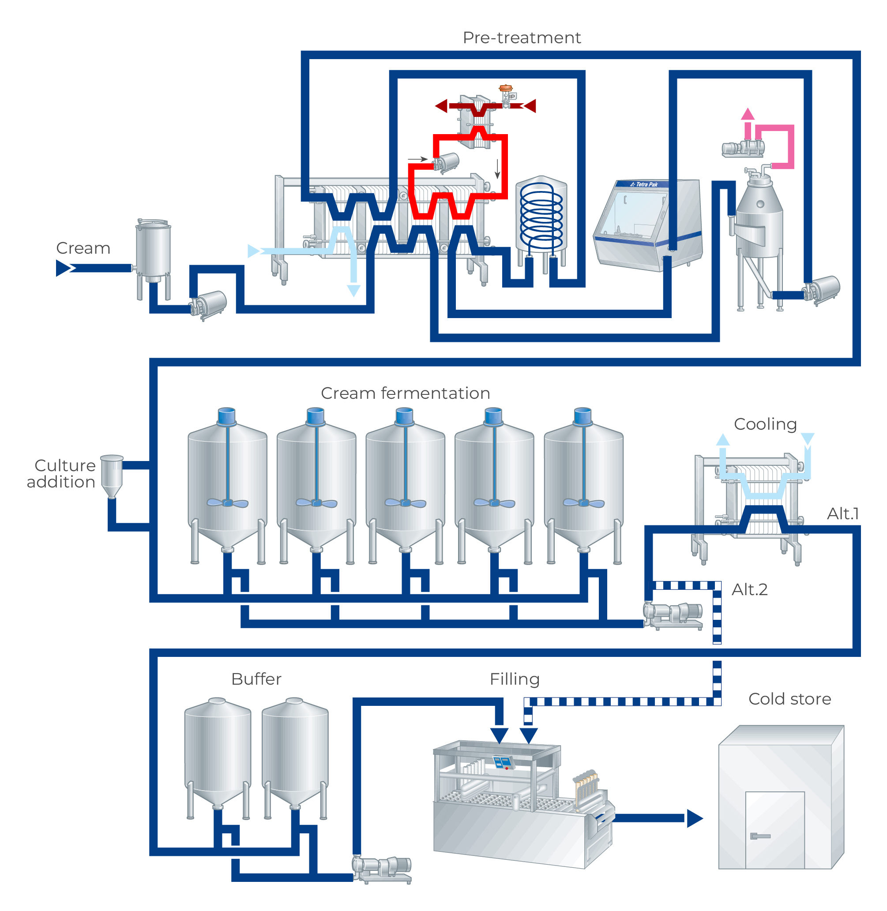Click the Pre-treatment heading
pyautogui.click(x=521, y=38)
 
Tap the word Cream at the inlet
pyautogui.click(x=83, y=248)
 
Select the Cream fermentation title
pyautogui.click(x=405, y=393)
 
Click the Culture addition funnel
pyautogui.click(x=112, y=475)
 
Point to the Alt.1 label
pyautogui.click(x=842, y=514)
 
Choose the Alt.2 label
pyautogui.click(x=749, y=590)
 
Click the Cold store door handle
pyautogui.click(x=760, y=836)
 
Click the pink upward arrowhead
pyautogui.click(x=747, y=114)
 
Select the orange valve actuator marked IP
pyautogui.click(x=505, y=89)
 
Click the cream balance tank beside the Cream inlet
pyautogui.click(x=153, y=251)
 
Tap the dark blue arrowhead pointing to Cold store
pyautogui.click(x=694, y=818)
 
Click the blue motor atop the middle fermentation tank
pyautogui.click(x=404, y=416)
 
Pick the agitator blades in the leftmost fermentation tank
pyautogui.click(x=227, y=503)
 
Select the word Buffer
pyautogui.click(x=256, y=679)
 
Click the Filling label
pyautogui.click(x=514, y=679)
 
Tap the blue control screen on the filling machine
pyautogui.click(x=503, y=762)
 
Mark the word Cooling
pyautogui.click(x=765, y=424)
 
